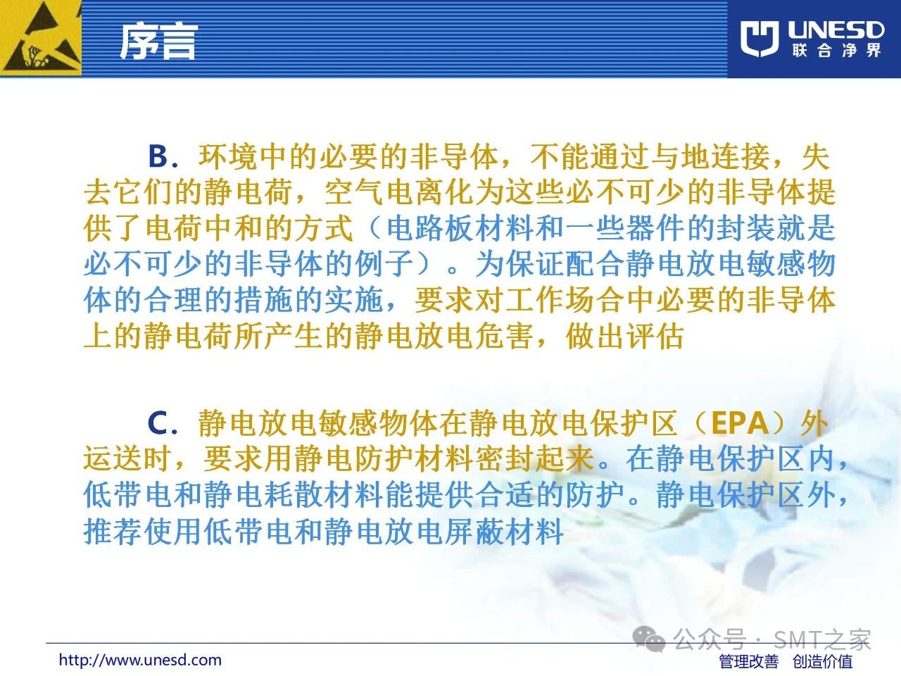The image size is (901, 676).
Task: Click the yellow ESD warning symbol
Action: [41, 38]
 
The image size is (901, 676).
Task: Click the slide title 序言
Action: [159, 41]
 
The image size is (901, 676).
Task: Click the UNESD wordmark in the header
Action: [836, 30]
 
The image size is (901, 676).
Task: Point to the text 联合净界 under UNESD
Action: [836, 51]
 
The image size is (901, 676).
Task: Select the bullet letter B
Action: [158, 156]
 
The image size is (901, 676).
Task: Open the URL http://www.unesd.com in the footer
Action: [140, 660]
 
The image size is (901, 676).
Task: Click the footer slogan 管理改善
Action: [749, 661]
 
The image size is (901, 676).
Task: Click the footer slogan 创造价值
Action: [822, 661]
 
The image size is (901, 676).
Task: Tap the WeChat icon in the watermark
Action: [649, 639]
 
